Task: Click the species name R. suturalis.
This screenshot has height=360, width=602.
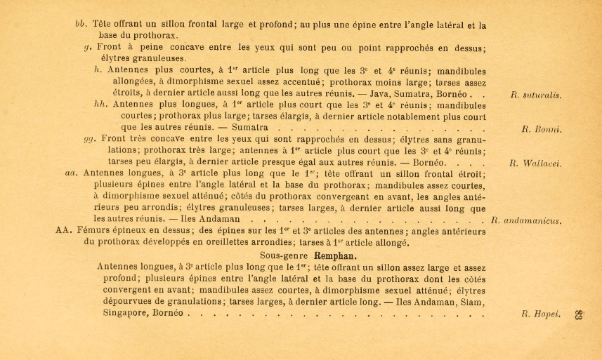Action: click(536, 95)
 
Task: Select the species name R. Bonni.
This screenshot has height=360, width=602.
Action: click(542, 130)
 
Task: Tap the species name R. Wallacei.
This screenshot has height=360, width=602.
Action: click(535, 164)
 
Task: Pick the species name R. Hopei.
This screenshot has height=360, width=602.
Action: click(541, 314)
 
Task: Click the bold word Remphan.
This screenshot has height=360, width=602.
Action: click(332, 255)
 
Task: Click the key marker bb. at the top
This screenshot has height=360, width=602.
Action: click(81, 25)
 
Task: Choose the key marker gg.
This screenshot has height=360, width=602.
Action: click(89, 138)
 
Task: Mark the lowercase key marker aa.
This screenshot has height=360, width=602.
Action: click(70, 173)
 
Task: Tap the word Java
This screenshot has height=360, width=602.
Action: click(377, 93)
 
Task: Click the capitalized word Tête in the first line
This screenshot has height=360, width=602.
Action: click(103, 25)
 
